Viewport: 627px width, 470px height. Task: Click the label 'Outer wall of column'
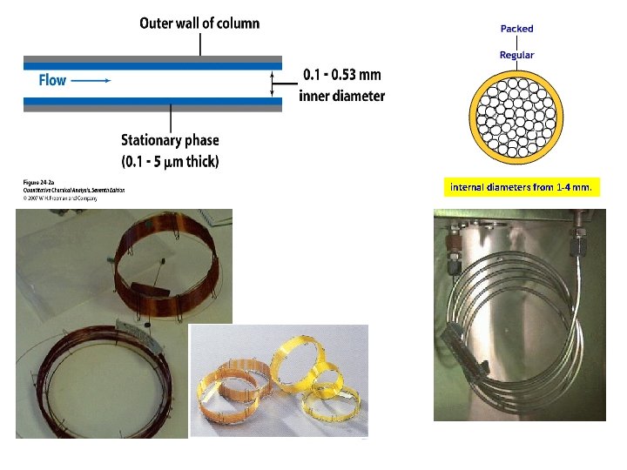click(199, 23)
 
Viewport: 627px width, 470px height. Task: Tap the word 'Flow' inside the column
click(52, 80)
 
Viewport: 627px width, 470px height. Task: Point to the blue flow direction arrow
click(90, 80)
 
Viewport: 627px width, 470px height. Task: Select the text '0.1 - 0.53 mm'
click(341, 75)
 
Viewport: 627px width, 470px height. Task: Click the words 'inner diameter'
click(341, 96)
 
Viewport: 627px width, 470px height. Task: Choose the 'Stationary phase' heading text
click(170, 140)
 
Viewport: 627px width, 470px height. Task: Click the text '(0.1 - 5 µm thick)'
click(170, 161)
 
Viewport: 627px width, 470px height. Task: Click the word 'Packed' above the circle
click(516, 29)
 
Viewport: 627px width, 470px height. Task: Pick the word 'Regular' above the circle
click(516, 56)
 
